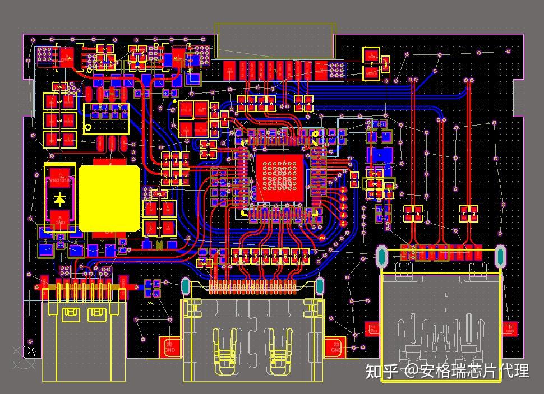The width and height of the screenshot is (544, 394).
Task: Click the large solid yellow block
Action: (109, 198)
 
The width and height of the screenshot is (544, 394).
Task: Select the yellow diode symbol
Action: (61, 198)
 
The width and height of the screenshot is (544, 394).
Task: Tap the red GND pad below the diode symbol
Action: (61, 219)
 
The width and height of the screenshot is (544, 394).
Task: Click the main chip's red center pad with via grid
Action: (279, 178)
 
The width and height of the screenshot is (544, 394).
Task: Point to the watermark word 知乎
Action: (382, 370)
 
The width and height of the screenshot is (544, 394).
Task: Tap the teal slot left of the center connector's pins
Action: (186, 286)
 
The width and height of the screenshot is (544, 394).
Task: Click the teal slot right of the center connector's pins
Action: (319, 286)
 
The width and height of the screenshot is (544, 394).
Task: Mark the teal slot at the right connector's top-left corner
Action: (382, 256)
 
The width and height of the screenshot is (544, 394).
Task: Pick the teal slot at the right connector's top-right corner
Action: (500, 256)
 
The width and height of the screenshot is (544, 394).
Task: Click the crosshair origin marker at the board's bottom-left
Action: (23, 357)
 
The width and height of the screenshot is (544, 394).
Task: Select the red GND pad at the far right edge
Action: (509, 329)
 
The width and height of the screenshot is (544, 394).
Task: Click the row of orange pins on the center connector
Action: (252, 288)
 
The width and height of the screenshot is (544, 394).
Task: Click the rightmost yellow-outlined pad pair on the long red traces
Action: (469, 212)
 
